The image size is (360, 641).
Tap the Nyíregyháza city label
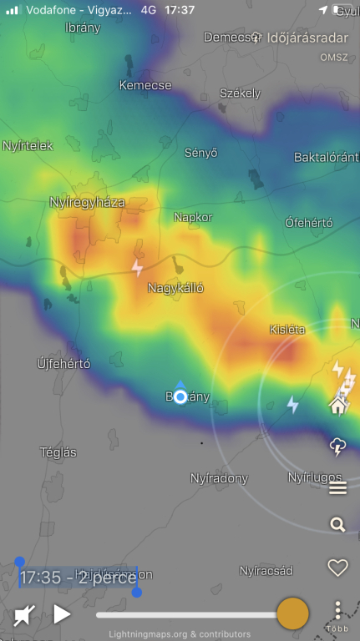[x=87, y=203]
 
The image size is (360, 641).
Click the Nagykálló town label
[x=175, y=288]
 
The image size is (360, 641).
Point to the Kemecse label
[x=145, y=85]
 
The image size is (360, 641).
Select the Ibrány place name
[x=83, y=28]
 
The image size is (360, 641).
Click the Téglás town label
[x=58, y=452]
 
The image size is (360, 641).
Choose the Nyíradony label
[x=220, y=478]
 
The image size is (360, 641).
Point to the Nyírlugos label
[x=315, y=478]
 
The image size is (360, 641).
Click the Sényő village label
[x=200, y=153]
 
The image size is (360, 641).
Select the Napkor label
[x=193, y=217]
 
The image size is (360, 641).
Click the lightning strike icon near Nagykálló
[x=138, y=268]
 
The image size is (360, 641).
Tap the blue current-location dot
[x=180, y=397]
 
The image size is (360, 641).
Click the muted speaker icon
[x=24, y=616]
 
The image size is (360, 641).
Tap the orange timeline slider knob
[x=292, y=613]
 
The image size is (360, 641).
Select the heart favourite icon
[x=337, y=568]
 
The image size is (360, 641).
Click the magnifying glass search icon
[x=337, y=525]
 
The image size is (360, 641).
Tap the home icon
[x=337, y=406]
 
